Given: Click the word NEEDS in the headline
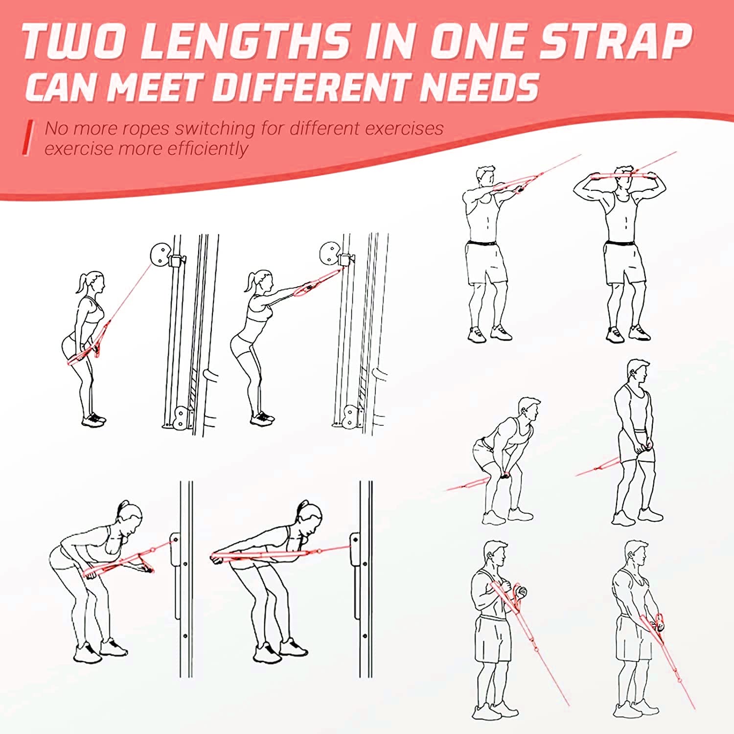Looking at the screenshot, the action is pos(480,87).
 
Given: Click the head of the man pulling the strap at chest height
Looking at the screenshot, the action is pos(486,178).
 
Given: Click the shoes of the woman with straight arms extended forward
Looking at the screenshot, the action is pos(262,418).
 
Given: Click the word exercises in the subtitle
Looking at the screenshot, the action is pos(404,129).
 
